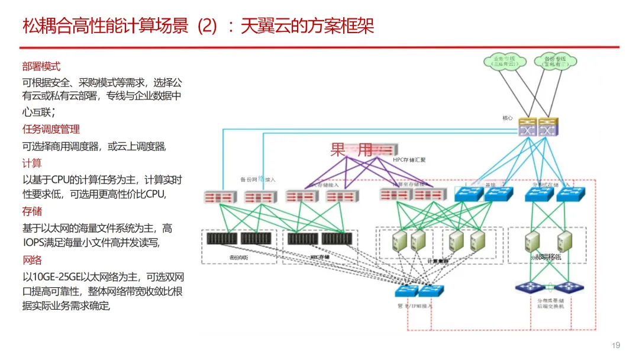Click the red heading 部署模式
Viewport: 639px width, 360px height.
point(41,66)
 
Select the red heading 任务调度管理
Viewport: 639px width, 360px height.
point(51,129)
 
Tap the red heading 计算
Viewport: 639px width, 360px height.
point(32,163)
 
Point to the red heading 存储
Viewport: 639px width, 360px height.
point(32,211)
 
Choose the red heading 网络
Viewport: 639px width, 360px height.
point(32,260)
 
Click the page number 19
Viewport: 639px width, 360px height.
point(615,345)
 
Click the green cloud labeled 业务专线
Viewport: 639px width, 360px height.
point(504,60)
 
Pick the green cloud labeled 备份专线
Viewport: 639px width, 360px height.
point(555,60)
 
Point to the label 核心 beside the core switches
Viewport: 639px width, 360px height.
point(508,118)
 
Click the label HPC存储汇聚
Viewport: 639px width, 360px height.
point(409,160)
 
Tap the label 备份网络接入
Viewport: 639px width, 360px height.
point(257,179)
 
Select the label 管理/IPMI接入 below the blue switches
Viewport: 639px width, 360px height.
point(415,306)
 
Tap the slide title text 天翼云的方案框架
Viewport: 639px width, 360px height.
point(308,26)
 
